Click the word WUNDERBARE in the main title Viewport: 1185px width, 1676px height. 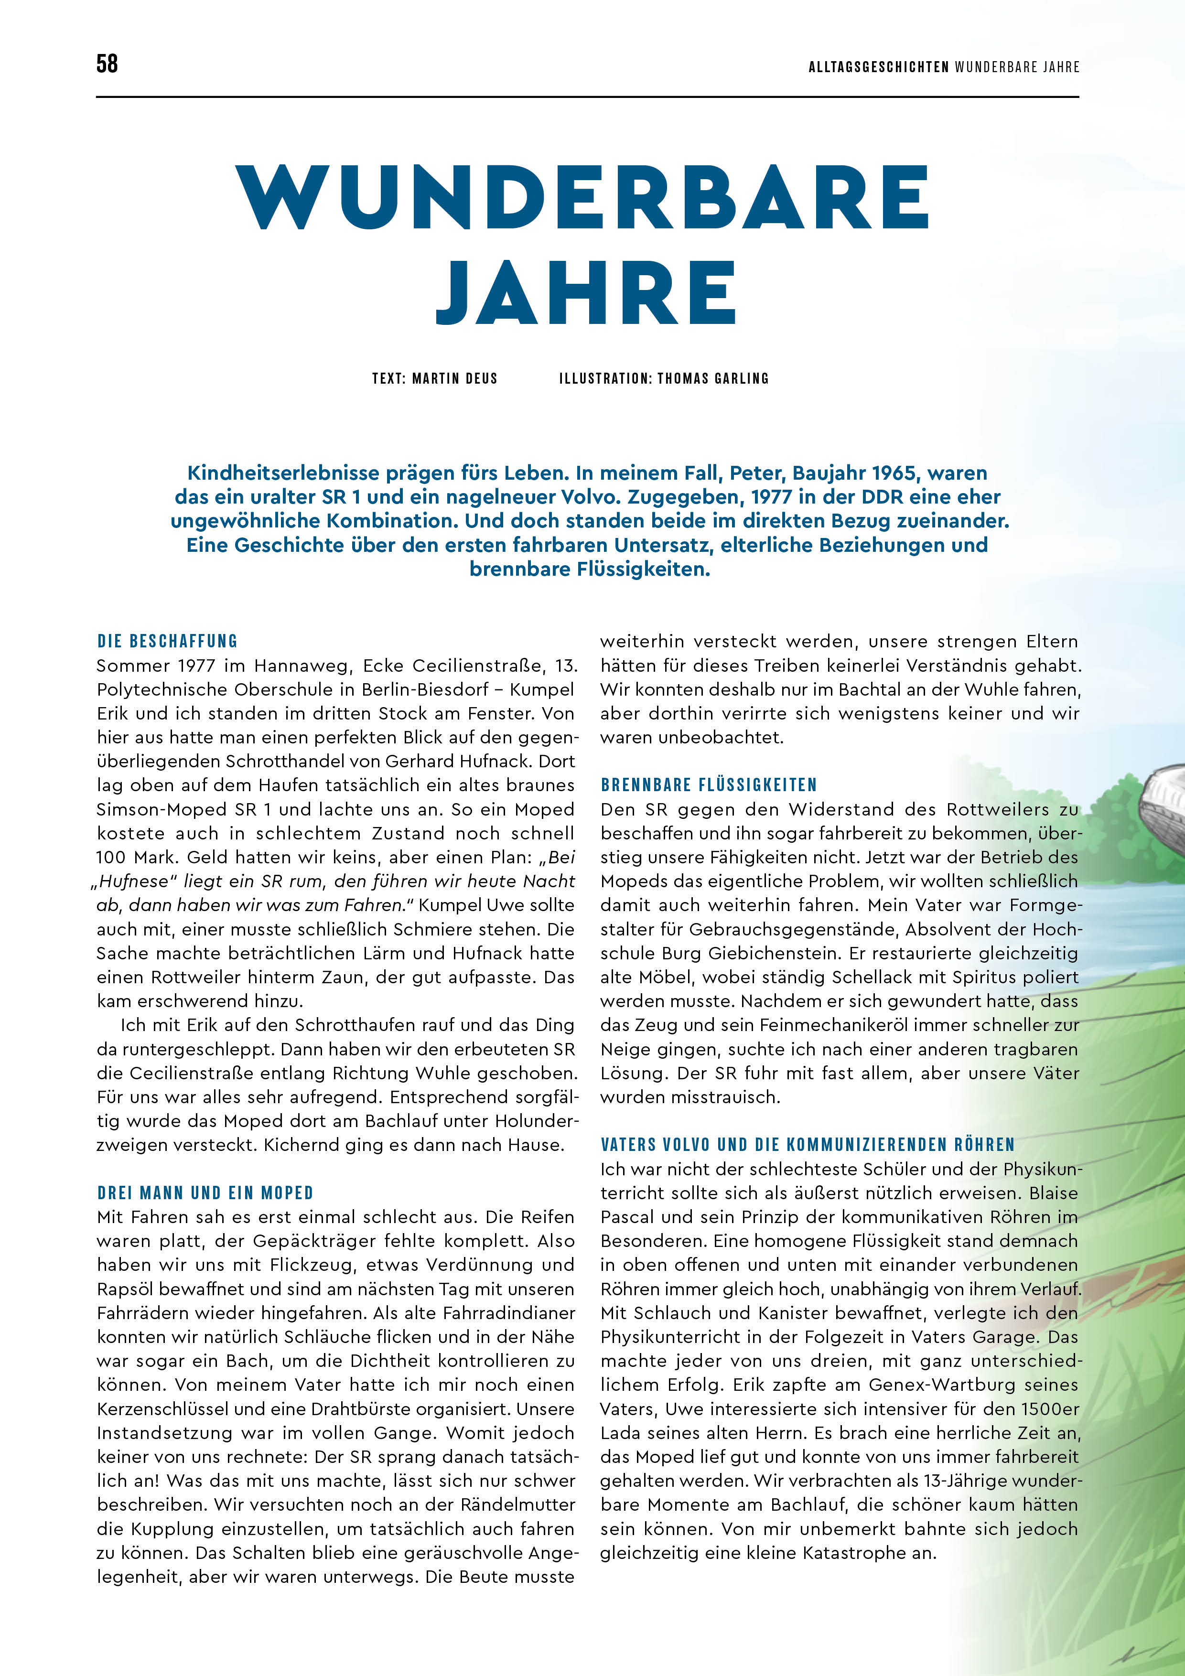pos(582,197)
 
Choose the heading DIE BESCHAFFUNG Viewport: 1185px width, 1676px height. pos(167,641)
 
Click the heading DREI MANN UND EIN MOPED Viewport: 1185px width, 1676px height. pos(205,1193)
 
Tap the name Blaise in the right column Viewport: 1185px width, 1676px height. pos(1053,1193)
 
